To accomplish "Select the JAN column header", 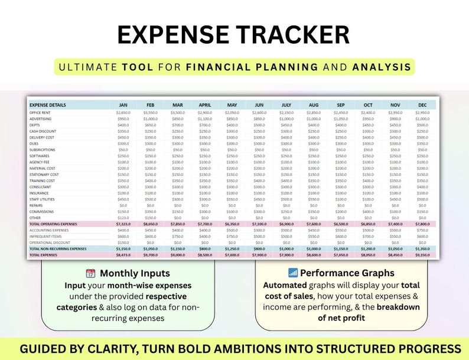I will pyautogui.click(x=123, y=105).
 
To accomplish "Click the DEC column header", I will pyautogui.click(x=422, y=105).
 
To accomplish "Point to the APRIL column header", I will pyautogui.click(x=204, y=105).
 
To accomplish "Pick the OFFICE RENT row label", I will pyautogui.click(x=40, y=112).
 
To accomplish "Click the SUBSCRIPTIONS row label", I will pyautogui.click(x=43, y=149).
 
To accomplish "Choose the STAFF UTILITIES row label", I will pyautogui.click(x=42, y=199).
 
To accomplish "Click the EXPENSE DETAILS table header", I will pyautogui.click(x=48, y=105).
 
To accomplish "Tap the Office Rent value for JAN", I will pyautogui.click(x=123, y=112).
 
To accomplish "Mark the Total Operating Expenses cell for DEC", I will pyautogui.click(x=422, y=224).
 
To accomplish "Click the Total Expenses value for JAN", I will pyautogui.click(x=123, y=255).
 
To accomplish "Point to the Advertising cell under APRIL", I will pyautogui.click(x=204, y=119).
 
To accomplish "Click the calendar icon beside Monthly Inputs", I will pyautogui.click(x=90, y=273).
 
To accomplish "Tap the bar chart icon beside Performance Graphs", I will pyautogui.click(x=292, y=273).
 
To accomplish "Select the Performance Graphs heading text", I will pyautogui.click(x=347, y=273).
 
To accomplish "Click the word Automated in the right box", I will pyautogui.click(x=286, y=284).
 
